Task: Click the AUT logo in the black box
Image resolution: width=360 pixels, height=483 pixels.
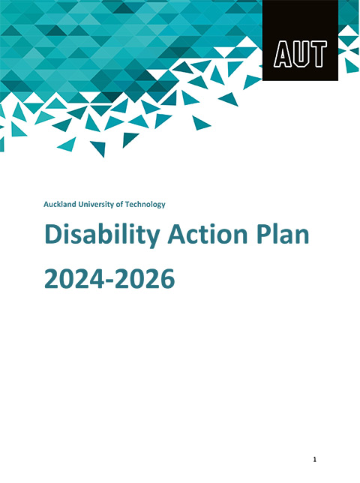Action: point(301,55)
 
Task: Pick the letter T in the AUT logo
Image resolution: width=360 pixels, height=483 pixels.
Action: point(318,55)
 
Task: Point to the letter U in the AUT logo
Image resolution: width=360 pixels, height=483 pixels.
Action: point(301,55)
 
